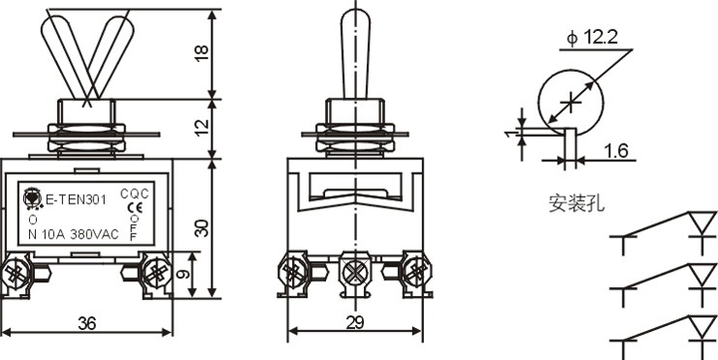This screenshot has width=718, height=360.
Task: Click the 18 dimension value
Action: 202,53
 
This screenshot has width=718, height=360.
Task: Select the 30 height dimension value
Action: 202,228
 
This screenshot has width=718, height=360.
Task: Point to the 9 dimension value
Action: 182,275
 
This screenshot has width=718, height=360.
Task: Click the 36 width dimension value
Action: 87,324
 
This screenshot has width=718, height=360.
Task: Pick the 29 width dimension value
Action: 355,323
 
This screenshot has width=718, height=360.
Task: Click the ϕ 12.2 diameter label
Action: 592,38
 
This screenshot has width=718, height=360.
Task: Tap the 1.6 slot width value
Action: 616,150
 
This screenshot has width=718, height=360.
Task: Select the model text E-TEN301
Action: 77,200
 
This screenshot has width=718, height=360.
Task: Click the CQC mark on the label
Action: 135,194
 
